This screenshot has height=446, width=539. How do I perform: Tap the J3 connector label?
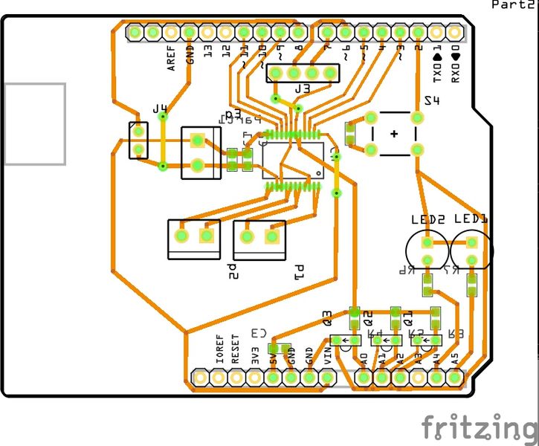pyautogui.click(x=302, y=89)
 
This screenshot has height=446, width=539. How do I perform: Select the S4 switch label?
pyautogui.click(x=431, y=100)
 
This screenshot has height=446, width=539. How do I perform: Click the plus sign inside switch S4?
pyautogui.click(x=393, y=134)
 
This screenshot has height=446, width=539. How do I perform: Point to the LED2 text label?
pyautogui.click(x=427, y=219)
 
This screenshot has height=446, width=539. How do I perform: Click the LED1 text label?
pyautogui.click(x=471, y=219)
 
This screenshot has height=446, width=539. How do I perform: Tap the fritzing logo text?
pyautogui.click(x=479, y=429)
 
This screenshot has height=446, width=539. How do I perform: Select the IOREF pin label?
pyautogui.click(x=219, y=348)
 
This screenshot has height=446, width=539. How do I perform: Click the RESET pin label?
pyautogui.click(x=236, y=348)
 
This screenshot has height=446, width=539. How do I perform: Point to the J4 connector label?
pyautogui.click(x=160, y=109)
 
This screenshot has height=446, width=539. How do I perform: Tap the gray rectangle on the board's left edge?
pyautogui.click(x=34, y=123)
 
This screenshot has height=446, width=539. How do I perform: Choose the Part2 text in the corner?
pyautogui.click(x=515, y=4)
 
